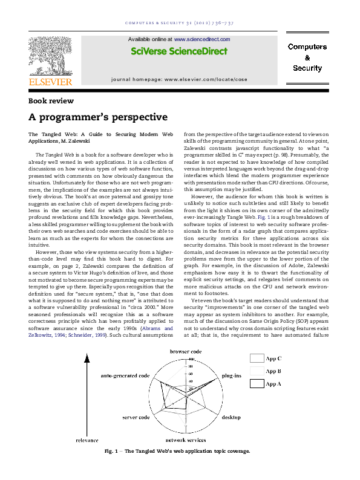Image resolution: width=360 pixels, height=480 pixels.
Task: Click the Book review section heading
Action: [51, 101]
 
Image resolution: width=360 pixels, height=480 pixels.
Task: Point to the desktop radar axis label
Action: [231, 418]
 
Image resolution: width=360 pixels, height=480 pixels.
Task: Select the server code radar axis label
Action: [136, 418]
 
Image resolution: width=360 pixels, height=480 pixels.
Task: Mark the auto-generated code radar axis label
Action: [125, 375]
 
